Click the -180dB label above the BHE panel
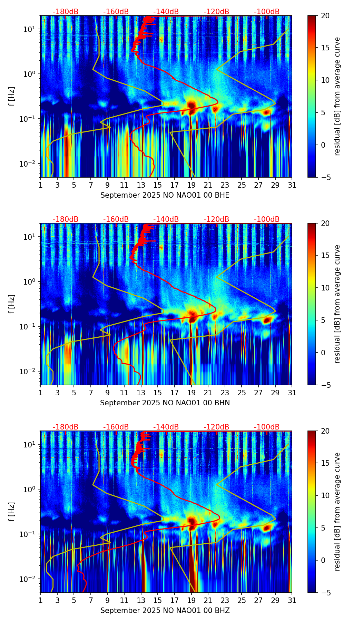click(x=66, y=12)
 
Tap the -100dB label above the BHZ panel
click(x=267, y=427)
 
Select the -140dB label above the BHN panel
click(x=166, y=219)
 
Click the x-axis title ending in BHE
click(x=165, y=195)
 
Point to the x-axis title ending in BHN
click(x=165, y=403)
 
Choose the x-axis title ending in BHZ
click(x=165, y=611)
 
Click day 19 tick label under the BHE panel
click(x=191, y=185)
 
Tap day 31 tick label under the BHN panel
click(x=292, y=393)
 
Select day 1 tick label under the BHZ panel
click(x=41, y=600)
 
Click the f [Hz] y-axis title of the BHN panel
click(x=12, y=304)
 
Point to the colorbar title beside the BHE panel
click(x=337, y=96)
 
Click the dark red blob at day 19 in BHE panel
click(x=192, y=105)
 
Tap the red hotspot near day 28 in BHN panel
click(x=266, y=320)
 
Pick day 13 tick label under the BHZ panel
click(x=141, y=600)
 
